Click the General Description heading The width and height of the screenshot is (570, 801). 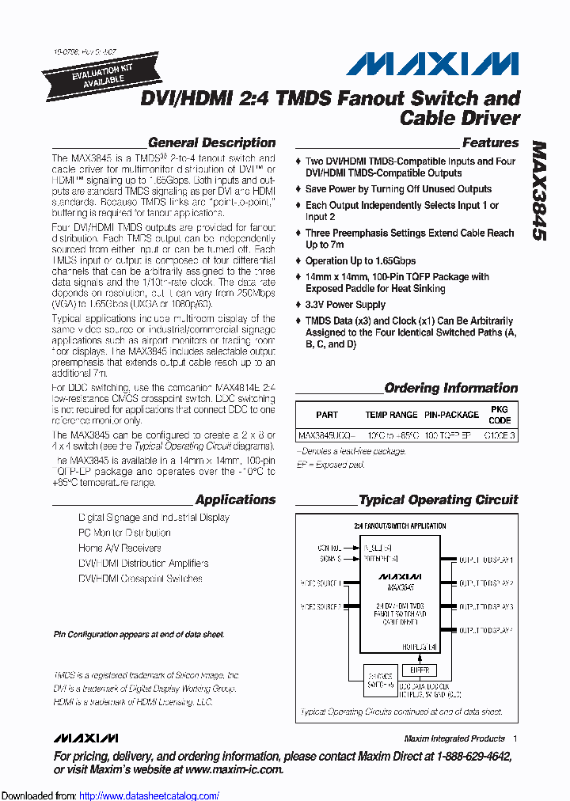point(211,143)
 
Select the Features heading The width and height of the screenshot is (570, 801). point(490,143)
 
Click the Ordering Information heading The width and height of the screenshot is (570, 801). point(450,389)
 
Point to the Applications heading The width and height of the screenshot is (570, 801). point(235,499)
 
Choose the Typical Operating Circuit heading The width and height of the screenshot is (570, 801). point(438,499)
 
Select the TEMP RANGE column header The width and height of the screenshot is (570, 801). point(391,415)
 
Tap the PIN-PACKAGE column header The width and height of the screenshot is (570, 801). point(451,415)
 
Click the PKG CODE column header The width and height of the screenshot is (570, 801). point(500,415)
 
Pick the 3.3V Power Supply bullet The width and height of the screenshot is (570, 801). point(345,305)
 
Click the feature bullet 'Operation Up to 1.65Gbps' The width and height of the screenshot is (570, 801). point(360,261)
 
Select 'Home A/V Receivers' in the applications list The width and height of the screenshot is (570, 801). point(120,548)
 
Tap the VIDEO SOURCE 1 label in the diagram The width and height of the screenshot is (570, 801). point(321,583)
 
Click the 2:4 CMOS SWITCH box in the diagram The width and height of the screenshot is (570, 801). point(378,680)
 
